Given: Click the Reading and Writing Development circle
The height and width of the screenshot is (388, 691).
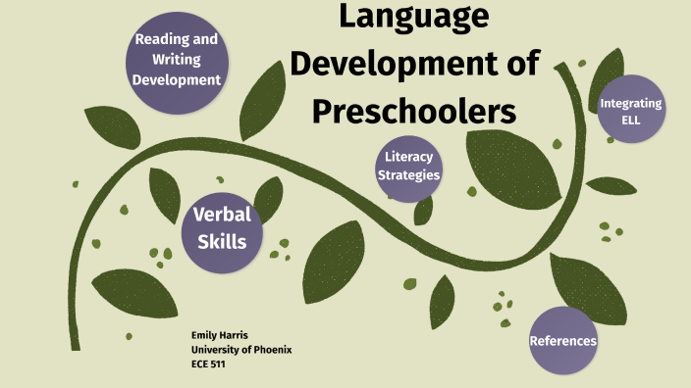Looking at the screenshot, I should tap(177, 59).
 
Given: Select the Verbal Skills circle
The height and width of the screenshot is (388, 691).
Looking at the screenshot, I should tap(222, 228).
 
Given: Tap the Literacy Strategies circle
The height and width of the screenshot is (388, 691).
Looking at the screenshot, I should tap(409, 166).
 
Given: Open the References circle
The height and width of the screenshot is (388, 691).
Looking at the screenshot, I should tap(563, 340).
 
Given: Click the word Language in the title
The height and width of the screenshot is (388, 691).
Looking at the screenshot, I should tap(413, 17).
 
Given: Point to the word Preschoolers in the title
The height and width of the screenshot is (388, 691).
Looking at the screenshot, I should tap(414, 111).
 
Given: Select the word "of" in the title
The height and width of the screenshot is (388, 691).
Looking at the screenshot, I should tap(515, 64).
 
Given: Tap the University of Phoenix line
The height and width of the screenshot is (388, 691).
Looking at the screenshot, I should tap(241, 350).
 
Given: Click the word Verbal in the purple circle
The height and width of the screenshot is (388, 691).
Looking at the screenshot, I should tap(222, 216).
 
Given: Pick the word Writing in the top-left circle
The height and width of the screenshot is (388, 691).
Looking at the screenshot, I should tap(177, 59).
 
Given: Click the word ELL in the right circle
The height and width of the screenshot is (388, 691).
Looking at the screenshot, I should tap(631, 121).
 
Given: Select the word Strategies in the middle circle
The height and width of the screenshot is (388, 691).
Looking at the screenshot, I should tap(409, 174).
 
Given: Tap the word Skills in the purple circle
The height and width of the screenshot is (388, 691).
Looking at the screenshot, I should tap(222, 240).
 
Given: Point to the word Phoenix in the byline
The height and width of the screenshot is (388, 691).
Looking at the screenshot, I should tap(270, 350).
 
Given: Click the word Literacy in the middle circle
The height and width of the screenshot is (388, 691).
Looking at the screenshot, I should tap(409, 157).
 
